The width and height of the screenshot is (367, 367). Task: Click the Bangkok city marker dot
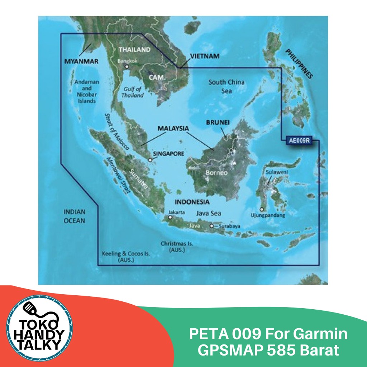point(126,67)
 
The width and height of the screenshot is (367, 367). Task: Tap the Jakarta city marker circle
point(170,217)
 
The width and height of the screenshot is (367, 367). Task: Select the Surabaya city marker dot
point(212,226)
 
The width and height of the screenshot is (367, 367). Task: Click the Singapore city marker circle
point(150,160)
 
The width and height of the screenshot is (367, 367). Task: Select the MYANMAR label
point(81,62)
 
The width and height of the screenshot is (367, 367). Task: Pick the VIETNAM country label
point(205,56)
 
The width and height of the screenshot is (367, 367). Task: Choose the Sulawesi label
point(277,172)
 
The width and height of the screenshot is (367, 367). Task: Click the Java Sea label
point(209,213)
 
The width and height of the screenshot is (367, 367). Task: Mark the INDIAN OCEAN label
point(75,216)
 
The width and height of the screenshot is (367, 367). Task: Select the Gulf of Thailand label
point(133,92)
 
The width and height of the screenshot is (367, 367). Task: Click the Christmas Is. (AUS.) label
point(177,247)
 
